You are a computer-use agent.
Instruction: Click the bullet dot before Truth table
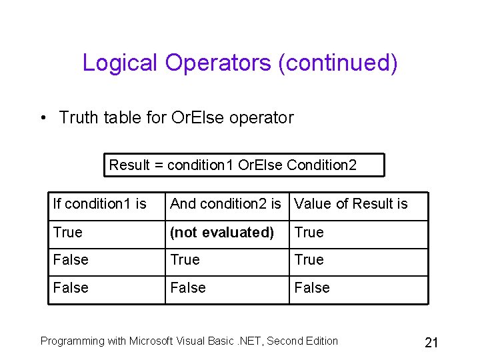point(43,118)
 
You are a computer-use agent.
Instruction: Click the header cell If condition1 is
point(99,204)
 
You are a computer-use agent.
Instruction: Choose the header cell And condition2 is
point(225,204)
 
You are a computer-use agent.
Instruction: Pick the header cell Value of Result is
point(351,204)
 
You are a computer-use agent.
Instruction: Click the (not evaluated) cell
point(222,233)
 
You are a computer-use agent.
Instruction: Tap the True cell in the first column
point(68,233)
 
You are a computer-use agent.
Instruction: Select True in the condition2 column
point(185,260)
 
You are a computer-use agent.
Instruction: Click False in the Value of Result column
point(312,288)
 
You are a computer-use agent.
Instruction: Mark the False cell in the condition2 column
point(188,288)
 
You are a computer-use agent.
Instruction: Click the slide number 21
point(431,343)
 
